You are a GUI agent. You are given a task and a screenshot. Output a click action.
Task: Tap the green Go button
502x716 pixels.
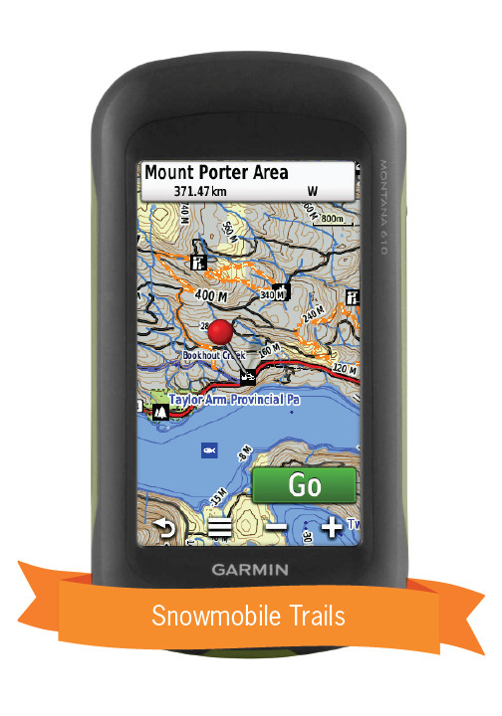coord(304,485)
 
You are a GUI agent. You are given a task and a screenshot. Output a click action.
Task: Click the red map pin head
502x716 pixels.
coord(222,332)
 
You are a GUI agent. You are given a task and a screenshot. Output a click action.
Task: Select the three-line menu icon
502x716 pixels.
coord(219,529)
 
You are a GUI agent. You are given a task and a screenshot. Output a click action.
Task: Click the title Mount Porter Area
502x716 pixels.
coord(216,172)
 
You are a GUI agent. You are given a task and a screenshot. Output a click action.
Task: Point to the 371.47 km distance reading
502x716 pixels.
coord(201,190)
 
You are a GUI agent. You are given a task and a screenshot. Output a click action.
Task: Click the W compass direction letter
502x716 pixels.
coord(312,190)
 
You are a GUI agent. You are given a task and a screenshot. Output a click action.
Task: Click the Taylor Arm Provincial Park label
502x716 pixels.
coord(235,400)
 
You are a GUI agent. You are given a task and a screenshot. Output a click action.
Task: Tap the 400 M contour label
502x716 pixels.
coord(211,295)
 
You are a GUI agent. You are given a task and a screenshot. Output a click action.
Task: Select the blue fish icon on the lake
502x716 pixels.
coord(209,449)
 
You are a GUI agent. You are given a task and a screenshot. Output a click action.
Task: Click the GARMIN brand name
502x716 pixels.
coord(250,570)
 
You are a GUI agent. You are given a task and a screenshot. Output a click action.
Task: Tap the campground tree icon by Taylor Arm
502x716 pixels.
coord(158,407)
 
